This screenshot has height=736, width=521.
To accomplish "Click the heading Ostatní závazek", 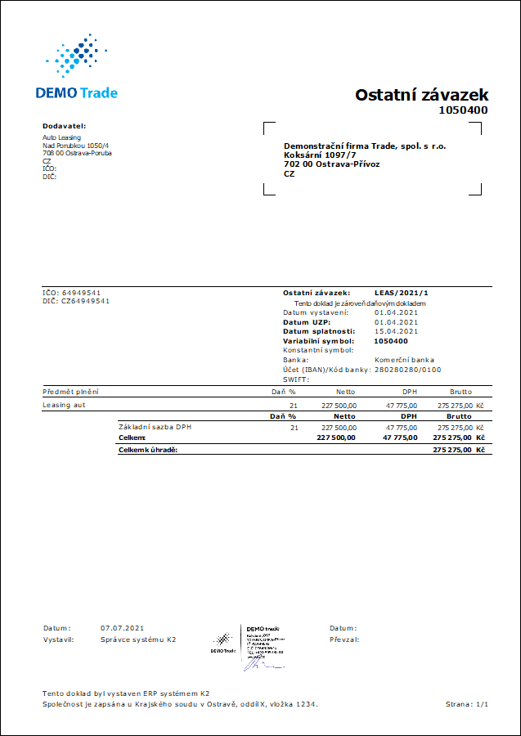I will [421, 95].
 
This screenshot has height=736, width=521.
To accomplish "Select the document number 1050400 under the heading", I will [463, 110].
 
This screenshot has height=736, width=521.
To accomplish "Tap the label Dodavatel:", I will [64, 126].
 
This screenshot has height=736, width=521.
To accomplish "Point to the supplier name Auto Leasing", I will [62, 137].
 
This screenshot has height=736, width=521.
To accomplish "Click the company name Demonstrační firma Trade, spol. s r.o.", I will [365, 146].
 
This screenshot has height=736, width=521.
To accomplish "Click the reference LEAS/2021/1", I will [402, 292].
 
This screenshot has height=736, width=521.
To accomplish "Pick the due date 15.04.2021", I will [397, 331].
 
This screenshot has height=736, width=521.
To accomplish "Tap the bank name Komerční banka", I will [404, 360].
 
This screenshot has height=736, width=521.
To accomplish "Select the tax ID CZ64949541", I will [86, 301].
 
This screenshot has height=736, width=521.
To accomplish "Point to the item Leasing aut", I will [64, 405].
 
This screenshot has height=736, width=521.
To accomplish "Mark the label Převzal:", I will [344, 639].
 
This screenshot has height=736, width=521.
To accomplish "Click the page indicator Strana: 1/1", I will [467, 703].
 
